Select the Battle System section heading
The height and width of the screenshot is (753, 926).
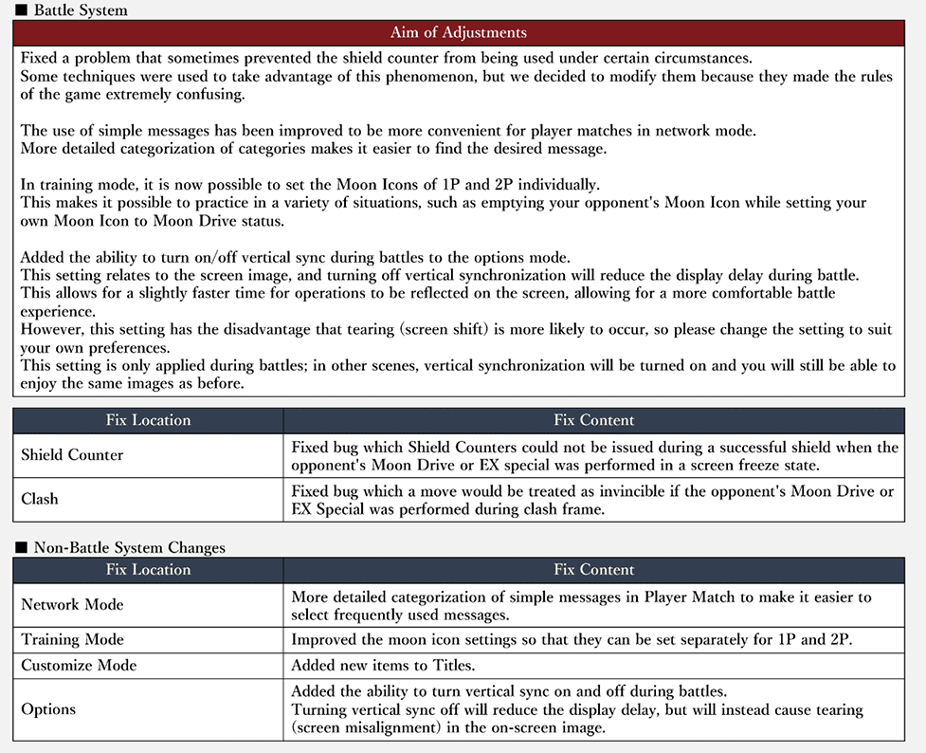[x=81, y=10]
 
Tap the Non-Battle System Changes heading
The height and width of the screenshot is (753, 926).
[x=129, y=547]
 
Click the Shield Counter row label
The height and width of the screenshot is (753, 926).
[x=72, y=455]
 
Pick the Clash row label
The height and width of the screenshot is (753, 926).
[x=40, y=499]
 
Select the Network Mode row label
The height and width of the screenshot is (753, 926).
[x=72, y=604]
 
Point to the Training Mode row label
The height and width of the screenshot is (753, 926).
[x=72, y=639]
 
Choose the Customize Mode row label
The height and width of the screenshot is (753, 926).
[x=79, y=666]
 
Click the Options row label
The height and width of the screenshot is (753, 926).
[x=48, y=709]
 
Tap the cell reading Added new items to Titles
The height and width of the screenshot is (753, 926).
[x=384, y=666]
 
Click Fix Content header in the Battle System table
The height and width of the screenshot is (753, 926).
[x=593, y=420]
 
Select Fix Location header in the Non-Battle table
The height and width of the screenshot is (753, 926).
[x=148, y=570]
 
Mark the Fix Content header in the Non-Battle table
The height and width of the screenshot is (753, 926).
[x=593, y=570]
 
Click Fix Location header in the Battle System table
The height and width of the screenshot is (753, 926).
[x=148, y=420]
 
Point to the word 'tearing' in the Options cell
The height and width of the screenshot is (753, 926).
[x=836, y=709]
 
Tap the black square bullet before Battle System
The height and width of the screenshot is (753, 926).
[x=22, y=11]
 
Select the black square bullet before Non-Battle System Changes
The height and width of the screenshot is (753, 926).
[x=22, y=548]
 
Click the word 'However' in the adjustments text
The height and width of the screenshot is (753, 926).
[x=50, y=330]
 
